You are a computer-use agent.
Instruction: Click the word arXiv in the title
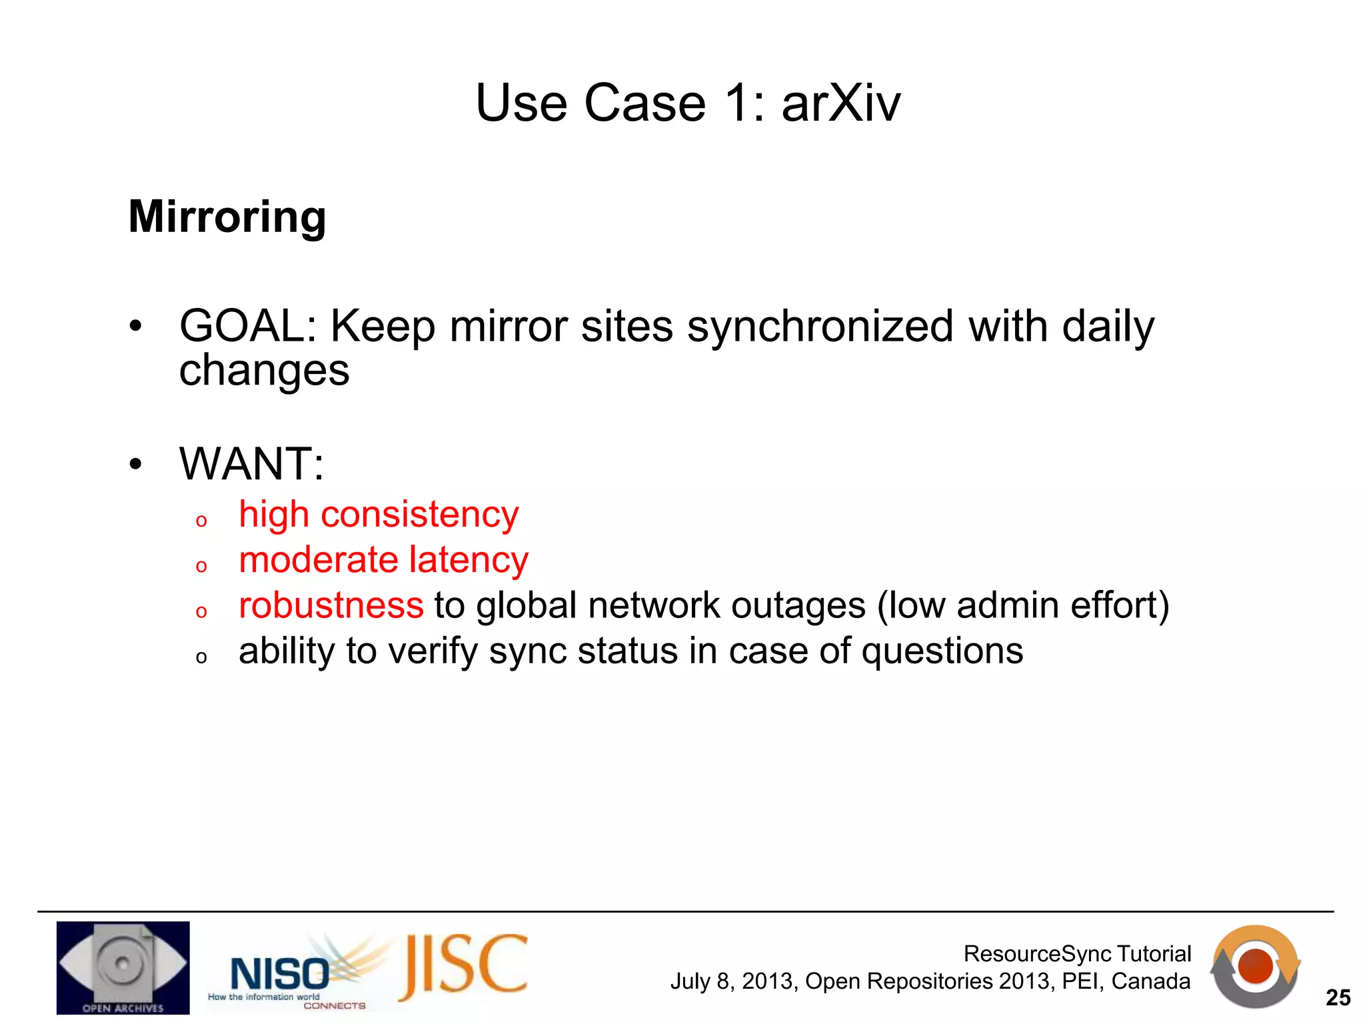click(x=840, y=103)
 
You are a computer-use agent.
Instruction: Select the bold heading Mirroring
click(x=227, y=217)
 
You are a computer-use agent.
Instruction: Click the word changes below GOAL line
click(x=264, y=371)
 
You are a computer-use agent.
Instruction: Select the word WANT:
click(x=251, y=463)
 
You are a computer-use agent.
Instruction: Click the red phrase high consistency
click(x=379, y=515)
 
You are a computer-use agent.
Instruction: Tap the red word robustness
click(x=331, y=605)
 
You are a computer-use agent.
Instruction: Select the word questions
click(x=942, y=651)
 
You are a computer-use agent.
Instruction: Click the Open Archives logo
click(x=123, y=967)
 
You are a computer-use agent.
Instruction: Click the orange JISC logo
click(x=464, y=966)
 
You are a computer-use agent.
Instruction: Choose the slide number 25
click(x=1338, y=997)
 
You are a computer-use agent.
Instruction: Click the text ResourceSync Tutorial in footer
click(x=1077, y=953)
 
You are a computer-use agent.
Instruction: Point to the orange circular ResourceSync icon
click(x=1255, y=966)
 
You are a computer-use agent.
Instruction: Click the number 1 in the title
click(x=738, y=103)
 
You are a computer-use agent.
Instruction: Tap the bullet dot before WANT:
click(x=136, y=464)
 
